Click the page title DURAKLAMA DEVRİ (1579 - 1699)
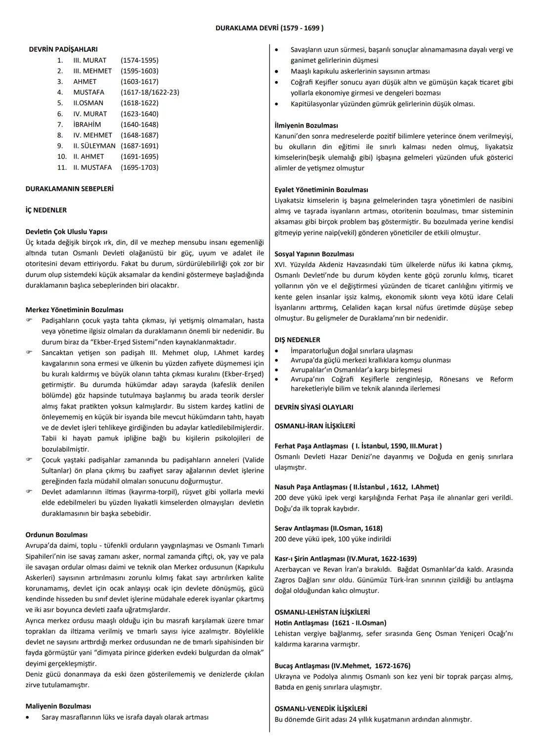click(269, 28)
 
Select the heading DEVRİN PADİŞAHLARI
click(63, 49)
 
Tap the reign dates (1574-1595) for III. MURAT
click(139, 60)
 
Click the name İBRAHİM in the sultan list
click(87, 125)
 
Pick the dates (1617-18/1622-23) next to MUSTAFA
click(150, 92)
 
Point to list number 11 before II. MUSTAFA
click(62, 168)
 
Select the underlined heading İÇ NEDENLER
click(46, 210)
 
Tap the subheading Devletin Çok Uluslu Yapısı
click(66, 232)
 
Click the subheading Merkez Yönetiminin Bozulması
click(74, 310)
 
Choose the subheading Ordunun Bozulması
click(56, 535)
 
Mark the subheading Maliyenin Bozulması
click(58, 707)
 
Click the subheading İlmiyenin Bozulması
click(306, 126)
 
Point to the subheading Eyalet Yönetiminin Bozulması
click(321, 190)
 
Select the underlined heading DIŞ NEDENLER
click(297, 340)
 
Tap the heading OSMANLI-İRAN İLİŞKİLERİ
click(314, 426)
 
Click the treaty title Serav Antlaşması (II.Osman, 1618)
click(328, 529)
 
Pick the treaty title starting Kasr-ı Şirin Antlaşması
click(345, 559)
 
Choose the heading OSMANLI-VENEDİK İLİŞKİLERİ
click(320, 709)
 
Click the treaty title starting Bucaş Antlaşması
click(342, 666)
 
